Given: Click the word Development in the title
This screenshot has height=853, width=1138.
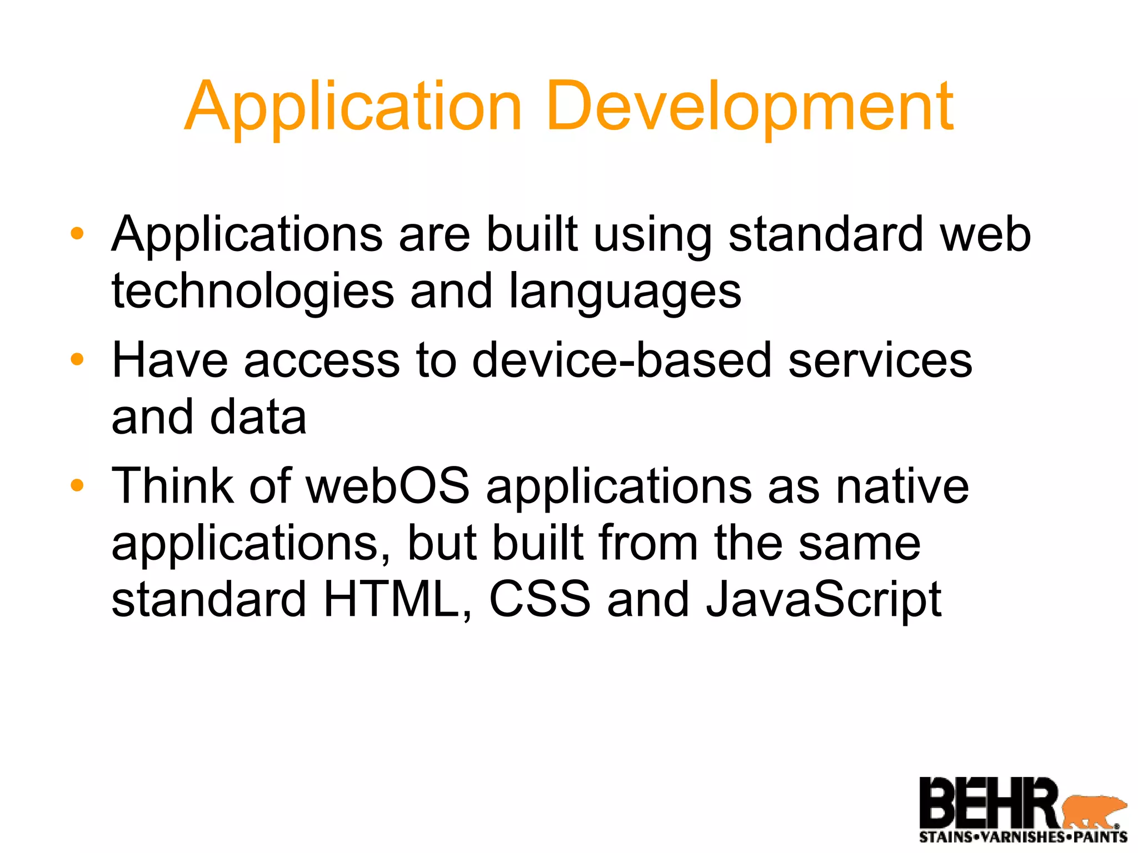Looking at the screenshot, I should point(750,107).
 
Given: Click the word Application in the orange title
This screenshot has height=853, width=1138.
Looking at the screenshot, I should point(353,107).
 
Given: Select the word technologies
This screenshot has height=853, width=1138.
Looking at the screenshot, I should point(253,292).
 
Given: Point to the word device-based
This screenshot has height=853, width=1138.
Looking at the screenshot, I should point(622,360).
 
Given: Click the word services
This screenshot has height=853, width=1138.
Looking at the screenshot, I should point(880,360).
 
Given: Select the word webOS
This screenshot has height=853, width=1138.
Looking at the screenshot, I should point(388,486).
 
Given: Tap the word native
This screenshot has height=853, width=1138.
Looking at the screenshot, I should point(902,486).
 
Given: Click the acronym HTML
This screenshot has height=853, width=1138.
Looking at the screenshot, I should point(398,599).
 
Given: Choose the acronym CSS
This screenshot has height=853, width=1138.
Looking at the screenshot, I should point(540,599).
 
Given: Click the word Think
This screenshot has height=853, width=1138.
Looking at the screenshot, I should point(173,486).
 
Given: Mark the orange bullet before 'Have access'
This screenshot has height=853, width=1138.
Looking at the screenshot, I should point(77,360).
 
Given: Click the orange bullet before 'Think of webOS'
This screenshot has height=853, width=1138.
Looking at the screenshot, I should point(77,486).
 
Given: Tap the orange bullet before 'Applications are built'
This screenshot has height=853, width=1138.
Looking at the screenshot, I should point(77,234).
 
